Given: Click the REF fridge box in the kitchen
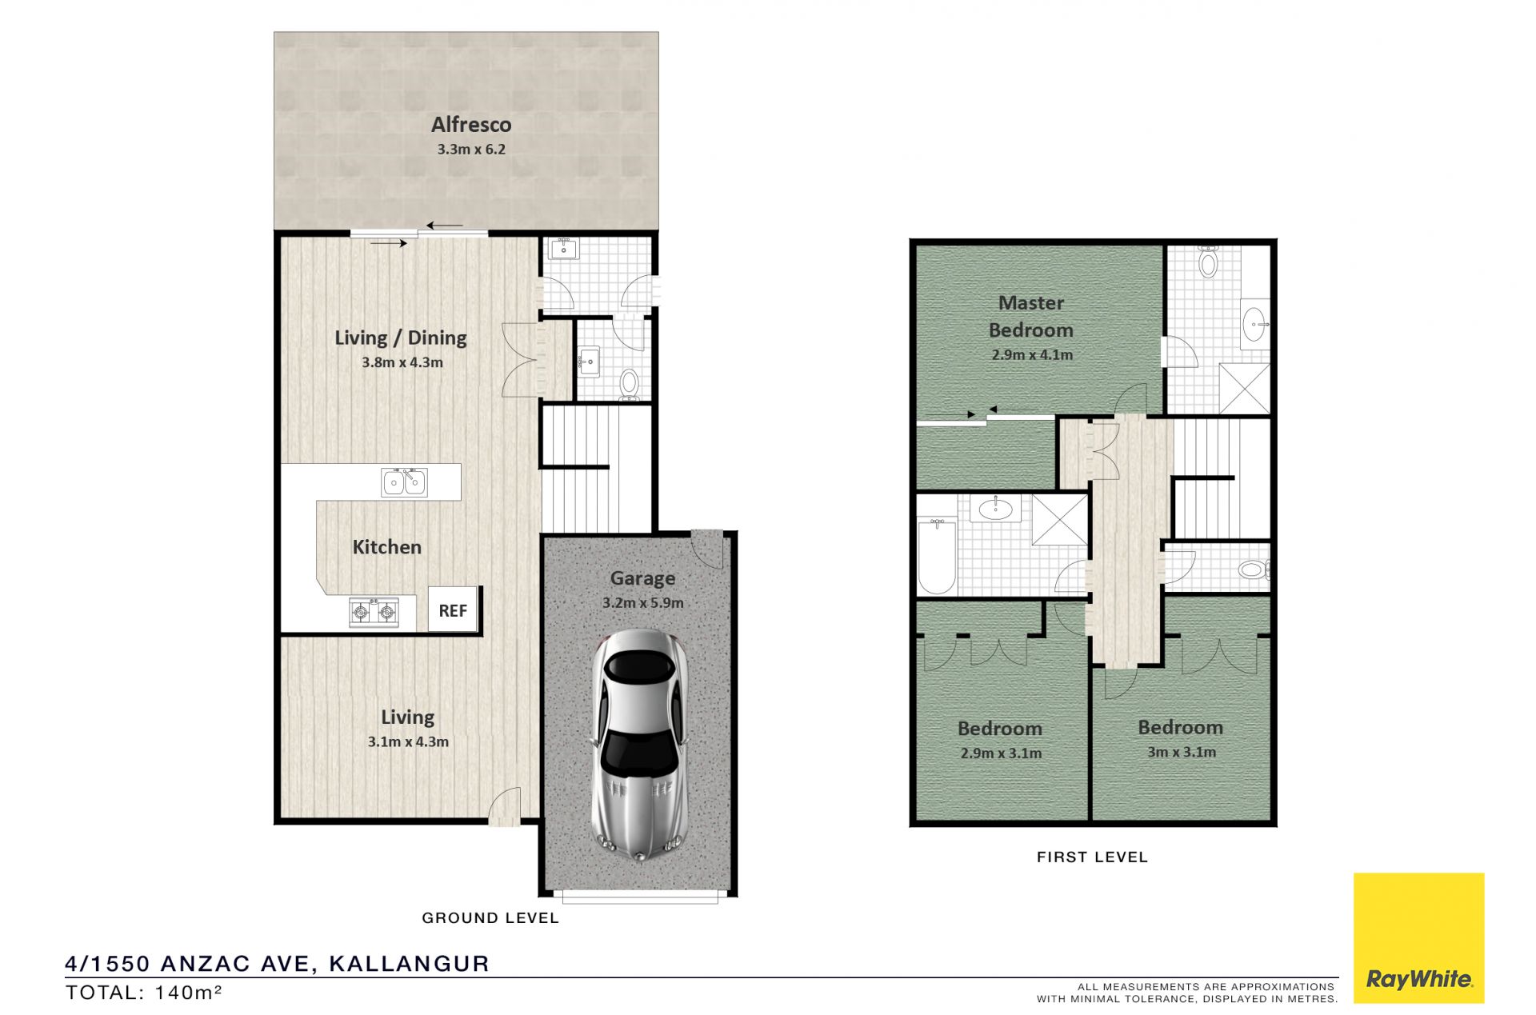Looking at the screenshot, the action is tap(453, 609).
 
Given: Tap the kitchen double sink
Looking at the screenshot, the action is tap(404, 482).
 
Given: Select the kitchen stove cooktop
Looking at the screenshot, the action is tap(374, 613).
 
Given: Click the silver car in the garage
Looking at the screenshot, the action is tap(638, 745).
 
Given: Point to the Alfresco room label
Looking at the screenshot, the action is tap(471, 125).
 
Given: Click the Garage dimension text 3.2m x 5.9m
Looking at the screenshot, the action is tap(643, 603).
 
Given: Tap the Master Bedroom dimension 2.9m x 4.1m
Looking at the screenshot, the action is tap(1032, 354).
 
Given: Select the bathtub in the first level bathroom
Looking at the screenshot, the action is tap(937, 556).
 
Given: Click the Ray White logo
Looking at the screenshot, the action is tap(1418, 937).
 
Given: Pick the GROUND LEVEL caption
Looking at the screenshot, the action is tap(490, 918).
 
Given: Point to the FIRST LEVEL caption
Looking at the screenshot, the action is tap(1092, 857).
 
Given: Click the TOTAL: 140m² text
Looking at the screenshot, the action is tap(144, 993).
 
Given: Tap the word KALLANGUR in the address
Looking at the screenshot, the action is tap(409, 964).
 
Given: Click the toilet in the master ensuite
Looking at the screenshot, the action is tap(1208, 261).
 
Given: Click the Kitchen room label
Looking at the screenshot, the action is tap(387, 547).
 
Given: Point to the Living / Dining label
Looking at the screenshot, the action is tap(401, 338).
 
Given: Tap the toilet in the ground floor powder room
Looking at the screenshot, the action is tap(630, 385).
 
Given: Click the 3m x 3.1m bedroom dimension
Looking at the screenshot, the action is tap(1182, 752).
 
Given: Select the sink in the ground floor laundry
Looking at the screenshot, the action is tap(564, 249).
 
